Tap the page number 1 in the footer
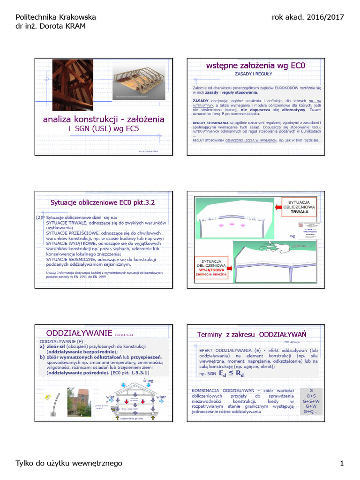(x=342, y=464)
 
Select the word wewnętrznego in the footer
(x=98, y=464)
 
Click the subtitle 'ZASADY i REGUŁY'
(x=253, y=74)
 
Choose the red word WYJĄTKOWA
(x=211, y=270)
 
